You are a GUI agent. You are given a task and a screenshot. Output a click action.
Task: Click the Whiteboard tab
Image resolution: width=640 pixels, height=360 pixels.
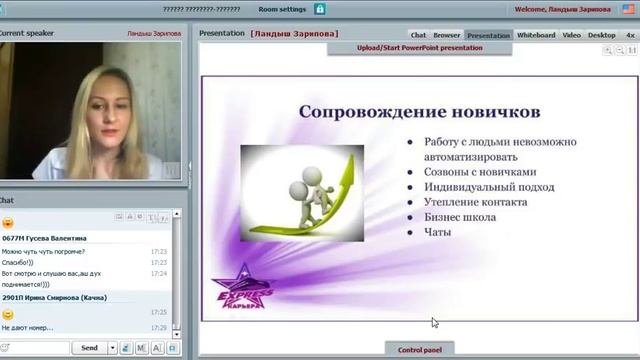pyautogui.click(x=536, y=35)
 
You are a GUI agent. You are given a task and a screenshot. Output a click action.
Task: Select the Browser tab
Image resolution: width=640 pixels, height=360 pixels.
pyautogui.click(x=447, y=35)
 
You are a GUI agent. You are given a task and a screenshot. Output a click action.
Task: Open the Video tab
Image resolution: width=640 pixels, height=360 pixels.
pyautogui.click(x=571, y=35)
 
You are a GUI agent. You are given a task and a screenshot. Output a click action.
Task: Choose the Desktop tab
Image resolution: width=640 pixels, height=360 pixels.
pyautogui.click(x=602, y=35)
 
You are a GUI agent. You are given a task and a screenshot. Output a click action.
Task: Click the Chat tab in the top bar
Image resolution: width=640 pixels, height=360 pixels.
pyautogui.click(x=418, y=35)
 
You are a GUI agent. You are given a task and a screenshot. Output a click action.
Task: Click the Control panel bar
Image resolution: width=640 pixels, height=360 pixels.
pyautogui.click(x=419, y=349)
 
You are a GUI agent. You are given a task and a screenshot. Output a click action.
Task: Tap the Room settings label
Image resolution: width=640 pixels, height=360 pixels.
pyautogui.click(x=282, y=8)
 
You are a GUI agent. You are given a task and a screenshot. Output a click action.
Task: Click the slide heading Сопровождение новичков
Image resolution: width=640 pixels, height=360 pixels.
pyautogui.click(x=419, y=111)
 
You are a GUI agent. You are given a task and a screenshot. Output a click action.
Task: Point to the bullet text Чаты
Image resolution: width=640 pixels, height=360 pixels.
pyautogui.click(x=437, y=232)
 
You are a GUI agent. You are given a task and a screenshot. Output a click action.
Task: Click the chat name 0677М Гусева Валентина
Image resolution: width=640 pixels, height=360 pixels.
pyautogui.click(x=44, y=238)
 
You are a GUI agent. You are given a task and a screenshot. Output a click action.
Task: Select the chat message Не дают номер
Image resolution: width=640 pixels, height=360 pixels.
pyautogui.click(x=28, y=327)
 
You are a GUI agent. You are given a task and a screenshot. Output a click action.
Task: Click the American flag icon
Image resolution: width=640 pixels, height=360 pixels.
pyautogui.click(x=627, y=8)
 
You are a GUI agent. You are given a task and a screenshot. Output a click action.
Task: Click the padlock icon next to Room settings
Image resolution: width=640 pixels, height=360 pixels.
pyautogui.click(x=320, y=8)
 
